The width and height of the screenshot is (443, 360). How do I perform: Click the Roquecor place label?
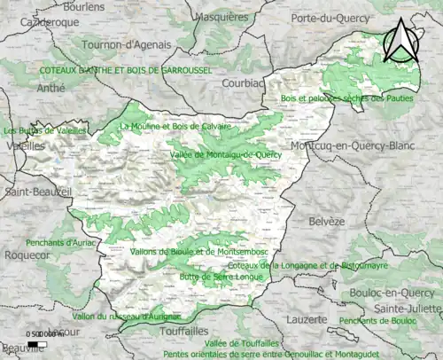[25, 254]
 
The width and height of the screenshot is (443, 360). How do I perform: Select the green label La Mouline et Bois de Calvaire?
[175, 126]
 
